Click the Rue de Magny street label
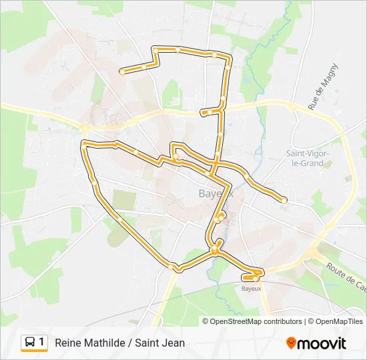click(x=324, y=86)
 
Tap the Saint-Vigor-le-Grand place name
click(x=304, y=158)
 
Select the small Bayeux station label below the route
click(x=251, y=289)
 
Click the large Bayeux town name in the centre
click(x=212, y=194)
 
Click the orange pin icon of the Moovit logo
click(x=291, y=343)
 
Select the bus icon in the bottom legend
click(x=30, y=343)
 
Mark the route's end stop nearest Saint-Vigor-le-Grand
click(x=284, y=200)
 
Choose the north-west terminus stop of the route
click(x=122, y=71)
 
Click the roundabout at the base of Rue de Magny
click(x=292, y=105)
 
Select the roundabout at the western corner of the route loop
click(x=85, y=126)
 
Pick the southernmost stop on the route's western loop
click(x=176, y=268)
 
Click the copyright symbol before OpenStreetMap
click(x=206, y=321)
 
